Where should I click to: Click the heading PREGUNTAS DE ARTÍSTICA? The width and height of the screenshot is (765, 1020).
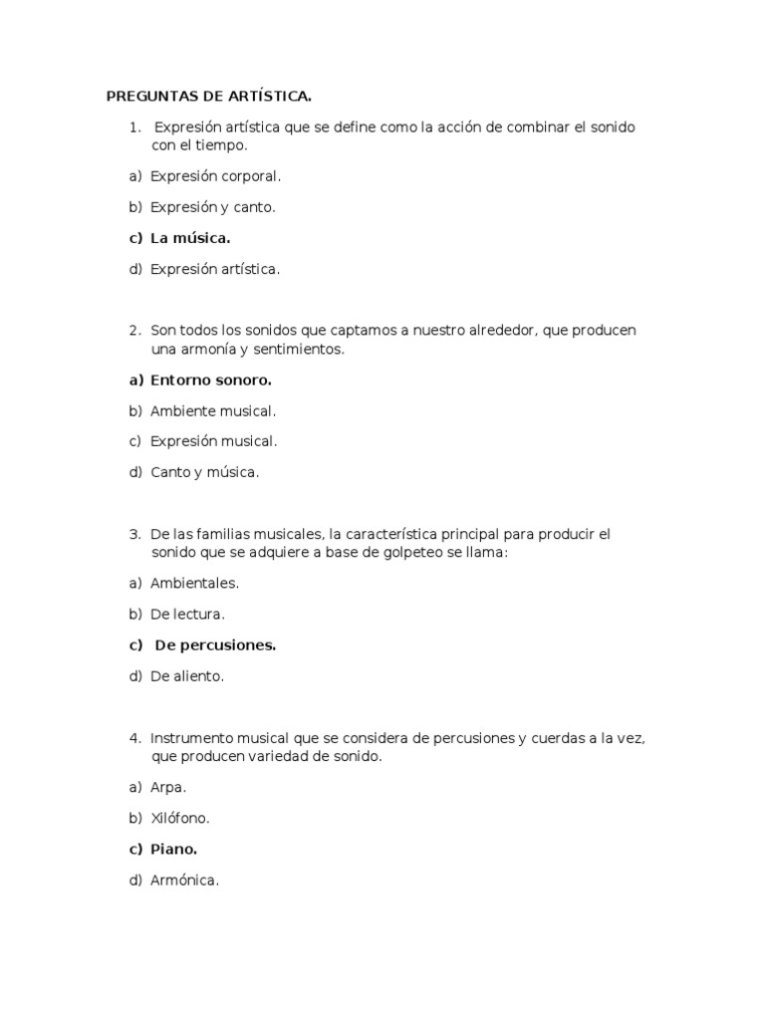(x=209, y=97)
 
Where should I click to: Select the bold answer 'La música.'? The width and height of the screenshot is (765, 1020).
(x=190, y=238)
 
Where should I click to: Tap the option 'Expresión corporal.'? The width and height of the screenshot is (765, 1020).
(x=215, y=176)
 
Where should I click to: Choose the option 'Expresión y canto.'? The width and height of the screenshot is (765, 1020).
(x=212, y=207)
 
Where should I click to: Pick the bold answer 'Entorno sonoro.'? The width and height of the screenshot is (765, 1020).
(x=210, y=380)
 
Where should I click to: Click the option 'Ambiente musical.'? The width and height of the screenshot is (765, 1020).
(x=213, y=410)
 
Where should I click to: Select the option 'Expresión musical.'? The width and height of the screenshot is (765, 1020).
(x=213, y=441)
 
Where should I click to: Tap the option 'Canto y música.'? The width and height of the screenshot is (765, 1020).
(x=204, y=472)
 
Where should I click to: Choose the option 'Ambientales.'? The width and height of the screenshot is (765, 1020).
(x=194, y=583)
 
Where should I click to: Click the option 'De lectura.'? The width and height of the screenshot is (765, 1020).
(x=187, y=614)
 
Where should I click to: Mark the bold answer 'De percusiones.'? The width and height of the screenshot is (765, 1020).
(x=215, y=644)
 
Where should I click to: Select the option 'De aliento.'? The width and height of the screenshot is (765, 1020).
(x=187, y=676)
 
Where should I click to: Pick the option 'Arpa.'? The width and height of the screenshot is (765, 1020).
(x=168, y=787)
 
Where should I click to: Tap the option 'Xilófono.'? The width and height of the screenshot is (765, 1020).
(x=180, y=818)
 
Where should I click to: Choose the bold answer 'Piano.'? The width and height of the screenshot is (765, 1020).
(x=173, y=849)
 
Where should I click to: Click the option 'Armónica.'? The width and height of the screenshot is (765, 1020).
(x=184, y=881)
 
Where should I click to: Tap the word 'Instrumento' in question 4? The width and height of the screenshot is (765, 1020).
(x=191, y=738)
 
